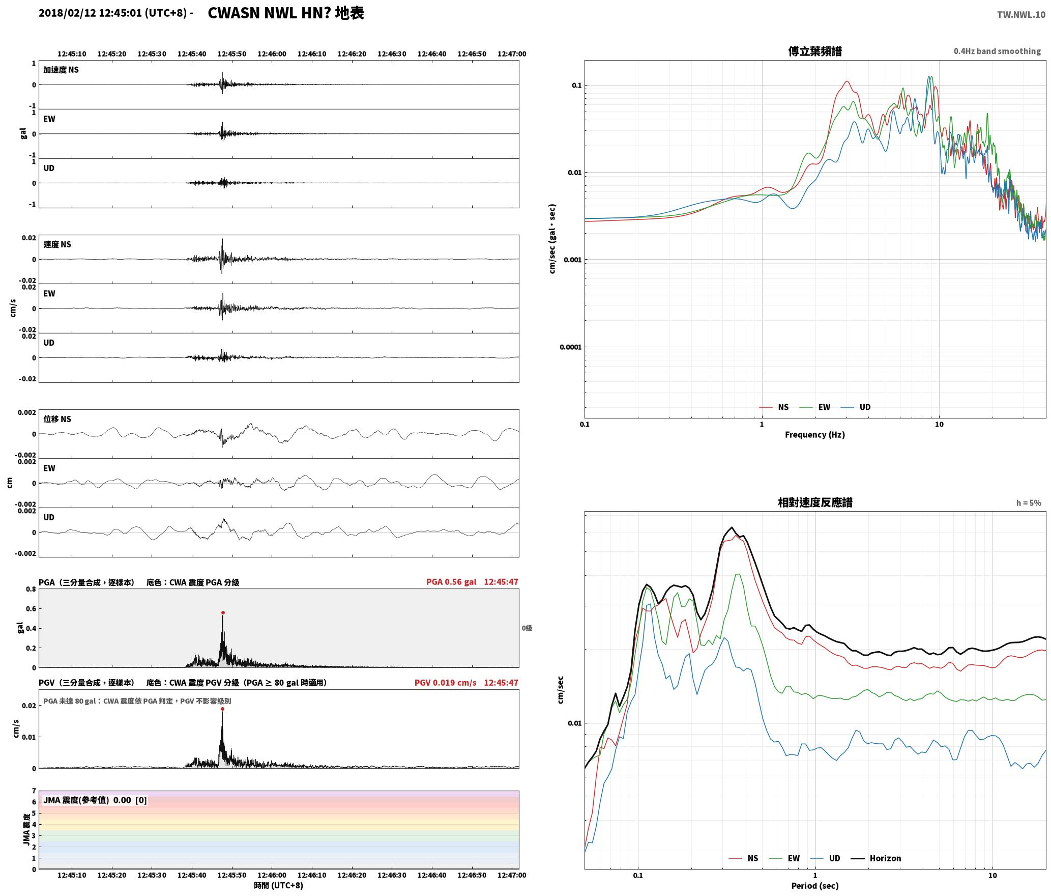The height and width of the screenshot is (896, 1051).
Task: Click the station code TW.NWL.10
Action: pyautogui.click(x=1021, y=15)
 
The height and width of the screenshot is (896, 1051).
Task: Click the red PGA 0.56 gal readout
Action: pyautogui.click(x=451, y=582)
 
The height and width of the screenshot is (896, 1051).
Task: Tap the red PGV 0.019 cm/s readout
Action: pyautogui.click(x=445, y=683)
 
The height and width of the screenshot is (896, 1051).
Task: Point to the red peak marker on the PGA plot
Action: pyautogui.click(x=223, y=613)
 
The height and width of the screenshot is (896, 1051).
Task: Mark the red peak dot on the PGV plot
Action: pyautogui.click(x=222, y=709)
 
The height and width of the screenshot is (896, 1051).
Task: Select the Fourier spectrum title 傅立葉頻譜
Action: pyautogui.click(x=814, y=51)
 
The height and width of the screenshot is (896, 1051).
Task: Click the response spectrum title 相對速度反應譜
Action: pyautogui.click(x=815, y=502)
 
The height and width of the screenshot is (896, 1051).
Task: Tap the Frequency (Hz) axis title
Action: pyautogui.click(x=814, y=435)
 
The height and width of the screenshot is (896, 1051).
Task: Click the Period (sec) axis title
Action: pyautogui.click(x=814, y=886)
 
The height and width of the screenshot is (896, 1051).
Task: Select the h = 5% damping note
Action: pyautogui.click(x=1029, y=503)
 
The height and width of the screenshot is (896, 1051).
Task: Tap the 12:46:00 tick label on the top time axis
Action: pyautogui.click(x=272, y=54)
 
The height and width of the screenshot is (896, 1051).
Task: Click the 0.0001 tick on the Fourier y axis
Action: pyautogui.click(x=570, y=347)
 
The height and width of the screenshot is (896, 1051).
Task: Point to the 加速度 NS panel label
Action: pyautogui.click(x=61, y=70)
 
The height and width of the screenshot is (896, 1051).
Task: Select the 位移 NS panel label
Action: pyautogui.click(x=57, y=419)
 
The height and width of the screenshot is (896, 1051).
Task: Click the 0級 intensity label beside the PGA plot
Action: pyautogui.click(x=527, y=628)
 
